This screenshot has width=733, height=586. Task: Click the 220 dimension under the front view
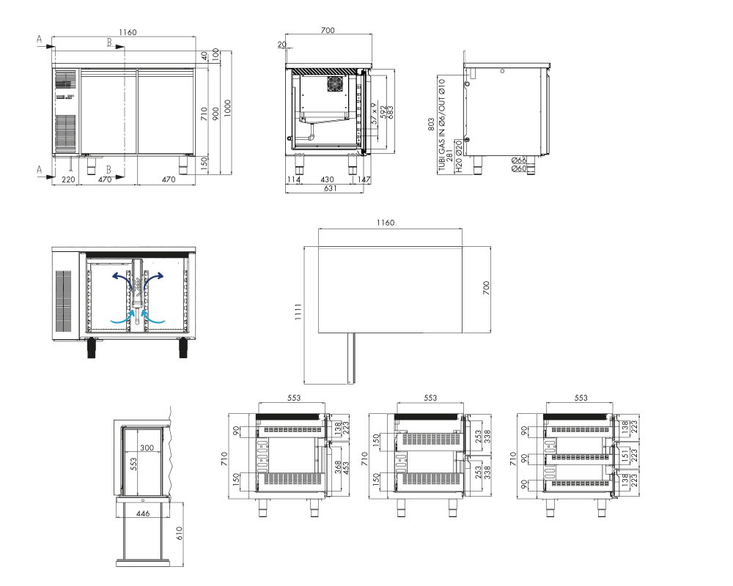pyautogui.click(x=68, y=179)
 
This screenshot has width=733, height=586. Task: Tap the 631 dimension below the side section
pyautogui.click(x=330, y=188)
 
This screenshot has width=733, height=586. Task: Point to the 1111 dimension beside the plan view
pyautogui.click(x=298, y=312)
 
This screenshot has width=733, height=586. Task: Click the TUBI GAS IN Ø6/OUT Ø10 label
pyautogui.click(x=442, y=125)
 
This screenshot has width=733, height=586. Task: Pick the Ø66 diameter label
pyautogui.click(x=519, y=160)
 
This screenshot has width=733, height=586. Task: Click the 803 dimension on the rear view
pyautogui.click(x=431, y=124)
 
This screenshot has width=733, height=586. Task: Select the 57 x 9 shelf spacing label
pyautogui.click(x=375, y=114)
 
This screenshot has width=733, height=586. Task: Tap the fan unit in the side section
pyautogui.click(x=335, y=84)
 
